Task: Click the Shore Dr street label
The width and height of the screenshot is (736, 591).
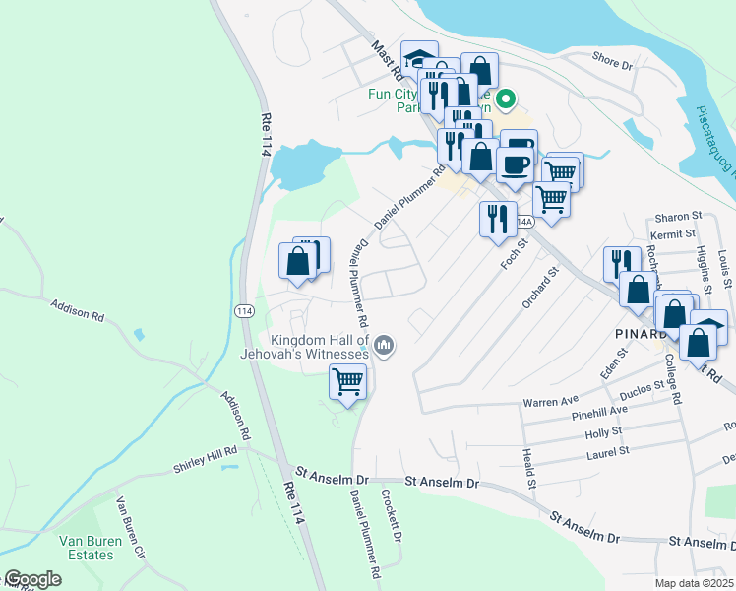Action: click(x=612, y=62)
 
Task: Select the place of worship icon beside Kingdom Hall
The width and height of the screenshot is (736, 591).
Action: click(x=384, y=346)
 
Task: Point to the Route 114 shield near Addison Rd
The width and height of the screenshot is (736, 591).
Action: click(x=242, y=310)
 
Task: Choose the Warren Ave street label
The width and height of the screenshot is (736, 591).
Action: click(x=551, y=402)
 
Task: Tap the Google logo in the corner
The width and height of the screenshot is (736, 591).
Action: click(x=31, y=579)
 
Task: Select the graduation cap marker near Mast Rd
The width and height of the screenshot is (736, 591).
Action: click(x=420, y=58)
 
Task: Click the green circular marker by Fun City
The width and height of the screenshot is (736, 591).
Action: click(x=506, y=98)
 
